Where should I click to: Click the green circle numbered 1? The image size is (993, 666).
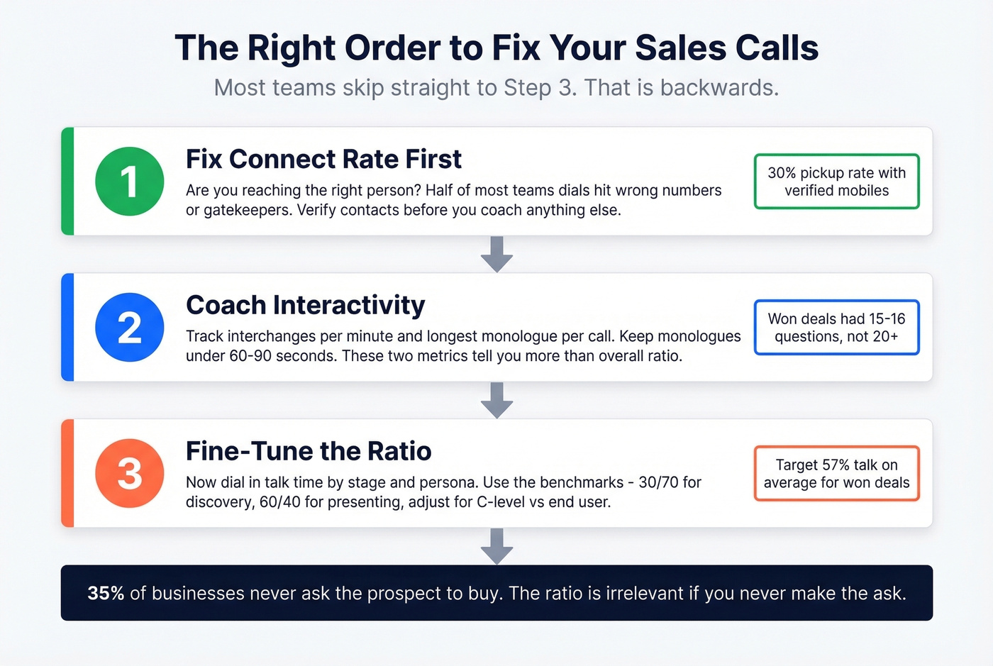click(130, 182)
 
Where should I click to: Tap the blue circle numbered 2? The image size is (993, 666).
click(130, 328)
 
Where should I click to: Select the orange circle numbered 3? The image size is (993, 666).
click(130, 474)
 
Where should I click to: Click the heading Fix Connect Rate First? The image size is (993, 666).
click(323, 160)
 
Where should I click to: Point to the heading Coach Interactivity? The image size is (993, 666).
click(305, 306)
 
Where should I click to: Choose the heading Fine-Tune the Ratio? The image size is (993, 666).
click(309, 452)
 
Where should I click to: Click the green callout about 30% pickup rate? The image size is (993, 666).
click(836, 182)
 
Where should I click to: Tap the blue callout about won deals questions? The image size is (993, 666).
click(836, 328)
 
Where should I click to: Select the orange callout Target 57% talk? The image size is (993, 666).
click(836, 474)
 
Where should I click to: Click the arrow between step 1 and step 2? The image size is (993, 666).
click(496, 255)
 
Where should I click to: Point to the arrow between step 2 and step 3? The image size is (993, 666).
click(496, 401)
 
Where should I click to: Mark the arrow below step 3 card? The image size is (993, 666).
click(496, 546)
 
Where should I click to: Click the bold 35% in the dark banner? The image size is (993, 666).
click(106, 593)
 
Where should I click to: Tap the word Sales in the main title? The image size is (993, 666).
click(679, 48)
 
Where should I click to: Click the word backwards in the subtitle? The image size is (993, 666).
click(719, 88)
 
